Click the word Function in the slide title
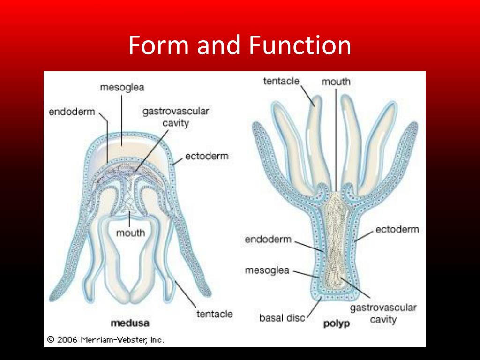tap(300, 45)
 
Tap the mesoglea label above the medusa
tap(121, 87)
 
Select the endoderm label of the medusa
tap(72, 112)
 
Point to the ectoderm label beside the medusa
tap(206, 156)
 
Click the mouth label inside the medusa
tap(131, 232)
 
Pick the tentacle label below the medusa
tap(214, 314)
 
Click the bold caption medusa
tap(130, 323)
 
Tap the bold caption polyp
tap(337, 323)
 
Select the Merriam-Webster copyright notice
tap(105, 339)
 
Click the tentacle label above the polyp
tap(281, 81)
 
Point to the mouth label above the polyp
tap(336, 82)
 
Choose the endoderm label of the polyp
tap(268, 240)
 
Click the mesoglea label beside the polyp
tap(267, 271)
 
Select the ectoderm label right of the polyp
tap(397, 229)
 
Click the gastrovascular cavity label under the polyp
tap(383, 314)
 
